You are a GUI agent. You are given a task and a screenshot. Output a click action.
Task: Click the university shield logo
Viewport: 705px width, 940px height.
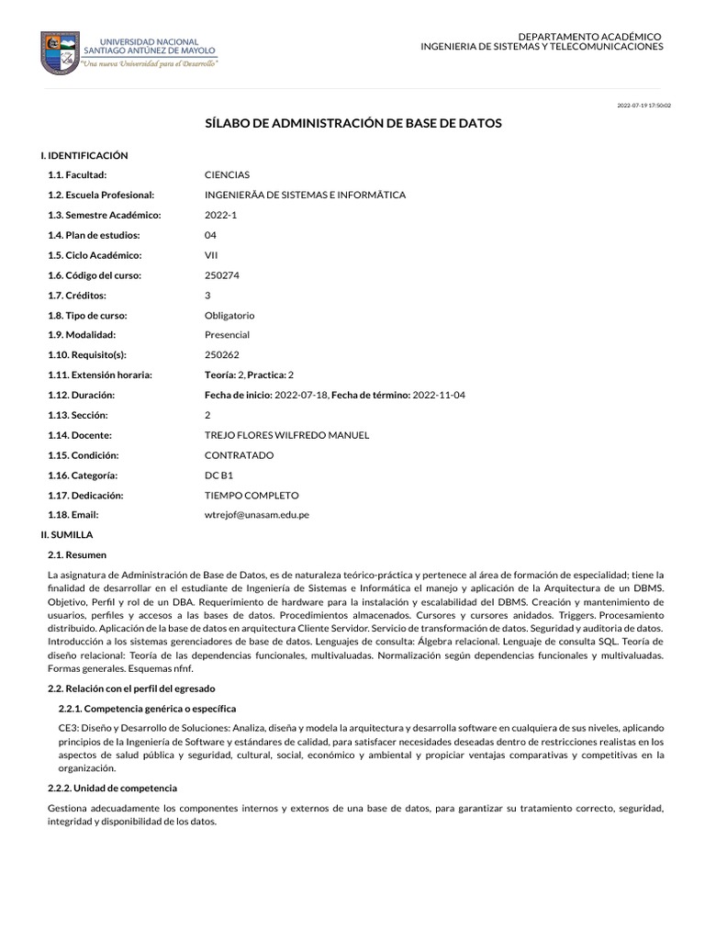pyautogui.click(x=60, y=52)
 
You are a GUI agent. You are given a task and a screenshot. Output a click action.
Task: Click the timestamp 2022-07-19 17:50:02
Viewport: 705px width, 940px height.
pyautogui.click(x=643, y=106)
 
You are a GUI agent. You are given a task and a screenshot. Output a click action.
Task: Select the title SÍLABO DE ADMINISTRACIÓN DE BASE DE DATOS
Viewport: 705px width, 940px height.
pyautogui.click(x=352, y=123)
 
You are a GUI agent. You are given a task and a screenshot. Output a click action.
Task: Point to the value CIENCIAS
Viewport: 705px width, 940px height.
pyautogui.click(x=227, y=174)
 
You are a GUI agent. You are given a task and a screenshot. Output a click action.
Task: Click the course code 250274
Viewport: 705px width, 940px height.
pyautogui.click(x=221, y=274)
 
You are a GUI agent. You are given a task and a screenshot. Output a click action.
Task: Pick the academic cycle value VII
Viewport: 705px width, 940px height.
pyautogui.click(x=211, y=254)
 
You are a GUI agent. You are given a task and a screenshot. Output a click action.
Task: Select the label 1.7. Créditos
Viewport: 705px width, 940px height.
pyautogui.click(x=77, y=295)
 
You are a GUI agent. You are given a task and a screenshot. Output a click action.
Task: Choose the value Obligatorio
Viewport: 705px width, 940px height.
pyautogui.click(x=229, y=315)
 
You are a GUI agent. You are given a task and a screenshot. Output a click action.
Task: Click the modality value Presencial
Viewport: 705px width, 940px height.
pyautogui.click(x=227, y=335)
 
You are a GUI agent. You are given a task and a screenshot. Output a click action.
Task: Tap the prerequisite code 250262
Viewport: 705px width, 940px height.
pyautogui.click(x=221, y=354)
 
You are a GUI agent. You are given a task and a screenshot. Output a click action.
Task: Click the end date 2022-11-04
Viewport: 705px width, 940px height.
pyautogui.click(x=441, y=395)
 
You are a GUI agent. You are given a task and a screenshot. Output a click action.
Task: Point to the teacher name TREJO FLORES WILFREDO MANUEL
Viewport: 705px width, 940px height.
pyautogui.click(x=286, y=435)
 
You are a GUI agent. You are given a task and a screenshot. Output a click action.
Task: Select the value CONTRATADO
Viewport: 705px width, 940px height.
pyautogui.click(x=239, y=455)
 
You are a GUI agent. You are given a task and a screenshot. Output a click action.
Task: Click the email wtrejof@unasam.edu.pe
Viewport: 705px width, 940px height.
pyautogui.click(x=256, y=515)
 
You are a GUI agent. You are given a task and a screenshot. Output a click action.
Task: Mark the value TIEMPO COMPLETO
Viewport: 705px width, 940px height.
pyautogui.click(x=250, y=495)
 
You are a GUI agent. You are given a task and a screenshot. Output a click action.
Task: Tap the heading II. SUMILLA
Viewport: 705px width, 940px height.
pyautogui.click(x=67, y=533)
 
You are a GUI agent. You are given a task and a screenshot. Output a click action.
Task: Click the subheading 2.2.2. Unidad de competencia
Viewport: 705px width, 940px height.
pyautogui.click(x=112, y=788)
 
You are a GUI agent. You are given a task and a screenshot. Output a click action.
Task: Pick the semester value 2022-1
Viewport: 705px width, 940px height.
pyautogui.click(x=219, y=215)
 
